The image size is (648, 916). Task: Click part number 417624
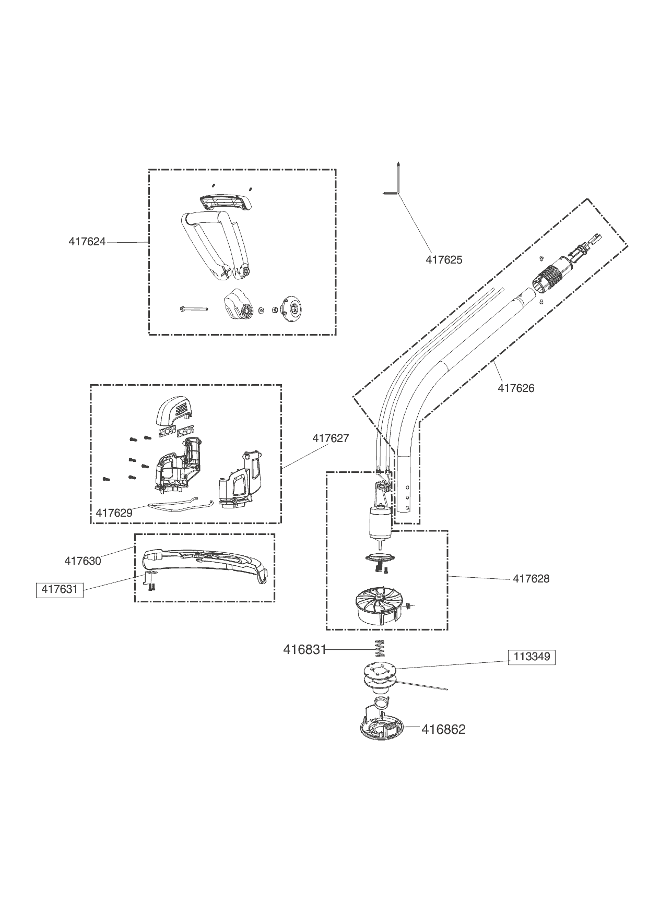pyautogui.click(x=87, y=242)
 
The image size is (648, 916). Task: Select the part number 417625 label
pyautogui.click(x=444, y=259)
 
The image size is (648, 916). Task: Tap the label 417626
pyautogui.click(x=516, y=388)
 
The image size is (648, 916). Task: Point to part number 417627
pyautogui.click(x=331, y=438)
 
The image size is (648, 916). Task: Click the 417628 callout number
pyautogui.click(x=531, y=578)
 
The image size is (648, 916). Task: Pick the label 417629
pyautogui.click(x=114, y=513)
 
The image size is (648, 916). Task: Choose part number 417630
pyautogui.click(x=83, y=561)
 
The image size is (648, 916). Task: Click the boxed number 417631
pyautogui.click(x=60, y=589)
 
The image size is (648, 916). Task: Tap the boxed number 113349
pyautogui.click(x=532, y=657)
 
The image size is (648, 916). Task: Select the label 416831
pyautogui.click(x=304, y=649)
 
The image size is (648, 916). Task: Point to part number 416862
pyautogui.click(x=443, y=729)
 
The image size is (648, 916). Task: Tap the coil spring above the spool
pyautogui.click(x=380, y=650)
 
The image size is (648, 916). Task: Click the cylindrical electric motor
pyautogui.click(x=380, y=524)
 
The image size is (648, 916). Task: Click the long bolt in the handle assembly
pyautogui.click(x=193, y=308)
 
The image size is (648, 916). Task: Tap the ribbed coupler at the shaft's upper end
pyautogui.click(x=551, y=276)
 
